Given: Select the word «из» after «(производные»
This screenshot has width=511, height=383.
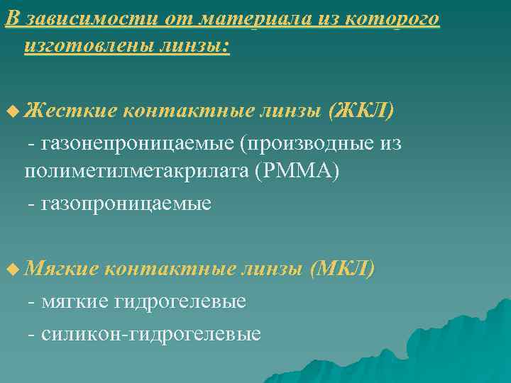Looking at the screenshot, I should point(390,144).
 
